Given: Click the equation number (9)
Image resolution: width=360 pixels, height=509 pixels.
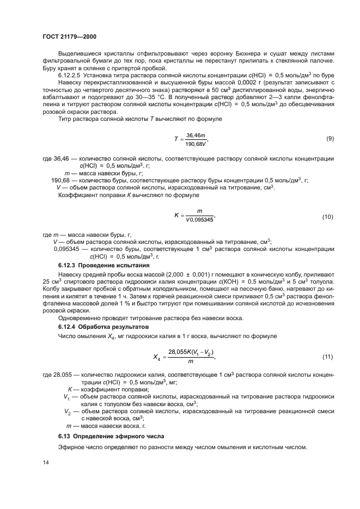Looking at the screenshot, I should click(x=330, y=139).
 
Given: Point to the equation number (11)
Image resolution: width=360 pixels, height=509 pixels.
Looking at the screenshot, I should click(x=327, y=357).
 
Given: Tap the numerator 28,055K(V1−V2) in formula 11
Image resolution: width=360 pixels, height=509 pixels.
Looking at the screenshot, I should click(x=191, y=352).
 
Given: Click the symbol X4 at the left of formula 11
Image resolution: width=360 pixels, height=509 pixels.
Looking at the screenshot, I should click(x=158, y=357).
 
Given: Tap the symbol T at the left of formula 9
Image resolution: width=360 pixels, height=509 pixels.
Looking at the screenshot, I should click(x=176, y=139).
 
